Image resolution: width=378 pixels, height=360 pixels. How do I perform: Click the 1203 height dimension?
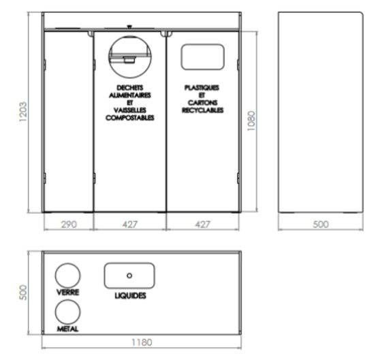tap(23, 112)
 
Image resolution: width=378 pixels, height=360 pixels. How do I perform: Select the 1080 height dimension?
tap(251, 121)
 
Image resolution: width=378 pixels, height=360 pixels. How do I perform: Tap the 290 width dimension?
tap(69, 225)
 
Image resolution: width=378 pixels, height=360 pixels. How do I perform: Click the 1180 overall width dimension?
tap(142, 342)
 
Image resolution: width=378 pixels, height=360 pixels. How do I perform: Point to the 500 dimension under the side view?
tap(321, 225)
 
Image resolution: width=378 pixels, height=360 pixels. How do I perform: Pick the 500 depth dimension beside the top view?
tap(23, 293)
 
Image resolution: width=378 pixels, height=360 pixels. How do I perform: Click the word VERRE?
tap(67, 293)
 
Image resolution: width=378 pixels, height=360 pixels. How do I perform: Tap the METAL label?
tap(67, 329)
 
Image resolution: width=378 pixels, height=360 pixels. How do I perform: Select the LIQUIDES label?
tap(130, 296)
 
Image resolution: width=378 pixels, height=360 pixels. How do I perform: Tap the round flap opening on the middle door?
tap(130, 37)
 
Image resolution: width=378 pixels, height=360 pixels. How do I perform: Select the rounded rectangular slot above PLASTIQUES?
tap(203, 44)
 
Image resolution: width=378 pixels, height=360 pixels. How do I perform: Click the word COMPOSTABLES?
tap(130, 118)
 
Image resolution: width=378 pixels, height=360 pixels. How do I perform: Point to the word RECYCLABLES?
tap(203, 110)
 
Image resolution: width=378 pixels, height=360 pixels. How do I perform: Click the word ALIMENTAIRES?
tap(130, 95)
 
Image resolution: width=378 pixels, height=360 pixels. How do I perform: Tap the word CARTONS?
tap(203, 103)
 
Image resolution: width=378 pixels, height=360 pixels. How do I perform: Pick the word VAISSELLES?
tap(130, 110)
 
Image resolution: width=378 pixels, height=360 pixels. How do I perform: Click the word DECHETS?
tap(130, 88)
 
